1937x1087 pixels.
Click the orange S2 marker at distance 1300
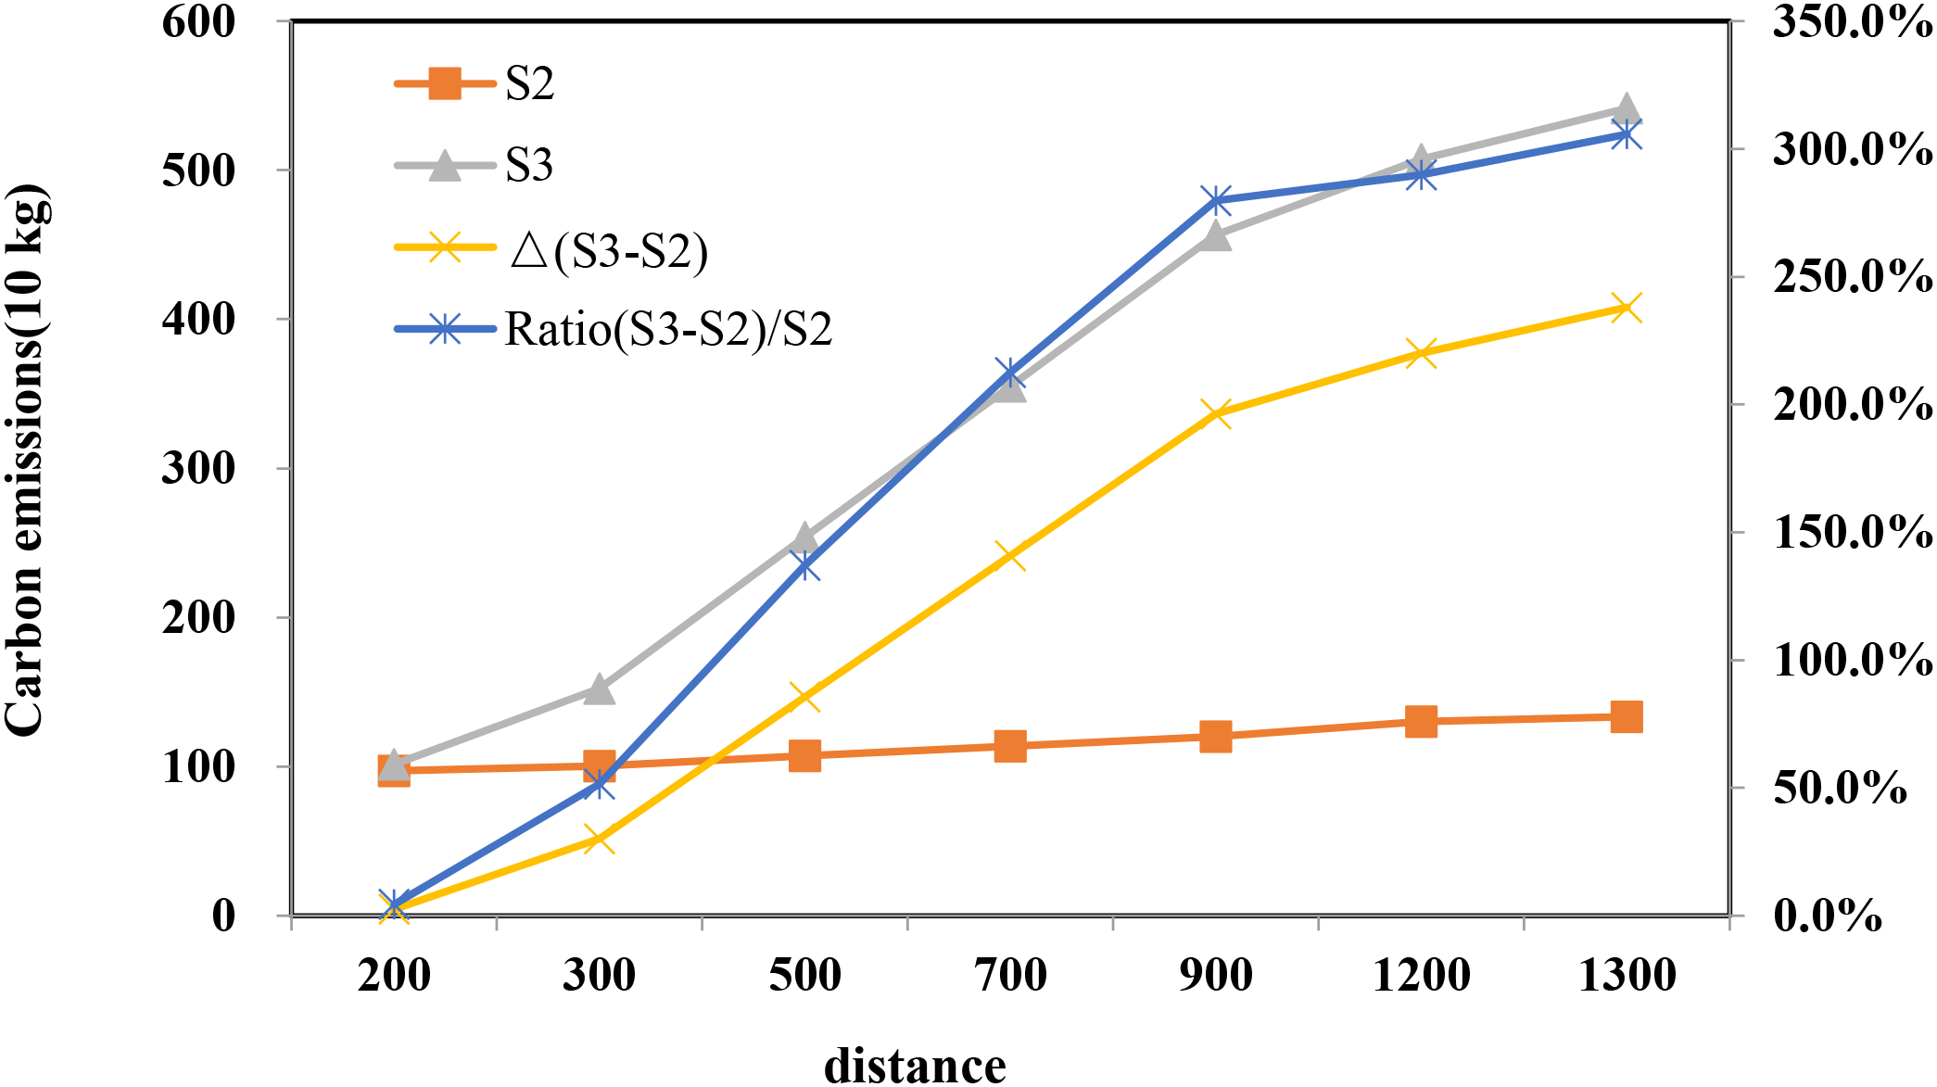(1627, 716)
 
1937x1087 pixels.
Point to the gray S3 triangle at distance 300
(600, 689)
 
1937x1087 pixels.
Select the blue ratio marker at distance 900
(1216, 200)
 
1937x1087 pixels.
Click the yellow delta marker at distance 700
(1010, 556)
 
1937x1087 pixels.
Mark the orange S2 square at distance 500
(804, 755)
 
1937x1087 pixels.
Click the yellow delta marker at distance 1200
(1421, 353)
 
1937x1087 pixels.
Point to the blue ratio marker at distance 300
(600, 785)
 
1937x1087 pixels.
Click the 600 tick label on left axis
(198, 21)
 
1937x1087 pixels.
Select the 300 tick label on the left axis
(198, 468)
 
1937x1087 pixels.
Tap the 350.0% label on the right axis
(1852, 21)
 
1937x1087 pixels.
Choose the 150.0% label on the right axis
(1852, 533)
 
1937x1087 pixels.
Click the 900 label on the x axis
(1216, 976)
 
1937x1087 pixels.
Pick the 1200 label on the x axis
(1421, 976)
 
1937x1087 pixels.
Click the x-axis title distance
(915, 1066)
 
